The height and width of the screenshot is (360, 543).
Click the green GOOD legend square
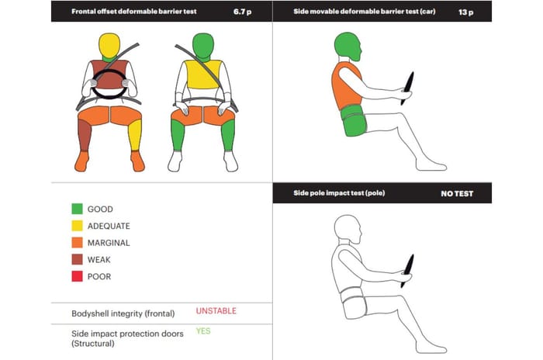pyautogui.click(x=78, y=209)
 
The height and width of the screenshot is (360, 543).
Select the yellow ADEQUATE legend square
pyautogui.click(x=78, y=226)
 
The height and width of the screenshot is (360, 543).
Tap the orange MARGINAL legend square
pyautogui.click(x=78, y=243)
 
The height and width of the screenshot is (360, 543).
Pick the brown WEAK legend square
pyautogui.click(x=78, y=259)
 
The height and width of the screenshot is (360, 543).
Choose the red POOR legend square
pyautogui.click(x=78, y=276)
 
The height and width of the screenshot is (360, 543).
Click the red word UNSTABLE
pyautogui.click(x=216, y=311)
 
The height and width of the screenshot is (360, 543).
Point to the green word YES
pyautogui.click(x=203, y=331)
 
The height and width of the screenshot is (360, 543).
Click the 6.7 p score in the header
pyautogui.click(x=242, y=12)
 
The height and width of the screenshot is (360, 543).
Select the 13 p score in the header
pyautogui.click(x=465, y=12)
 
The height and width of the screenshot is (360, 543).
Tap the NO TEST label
pyautogui.click(x=457, y=194)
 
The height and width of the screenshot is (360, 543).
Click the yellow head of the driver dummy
pyautogui.click(x=109, y=46)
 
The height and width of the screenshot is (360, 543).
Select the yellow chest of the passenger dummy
pyautogui.click(x=203, y=74)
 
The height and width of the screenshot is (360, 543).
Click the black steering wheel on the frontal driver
pyautogui.click(x=109, y=84)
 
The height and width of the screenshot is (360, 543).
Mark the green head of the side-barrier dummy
pyautogui.click(x=348, y=47)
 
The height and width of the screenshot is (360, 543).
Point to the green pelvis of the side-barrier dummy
pyautogui.click(x=353, y=120)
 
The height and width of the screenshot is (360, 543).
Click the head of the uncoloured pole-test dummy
pyautogui.click(x=348, y=230)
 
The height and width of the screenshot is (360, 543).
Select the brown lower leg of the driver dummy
pyautogui.click(x=84, y=135)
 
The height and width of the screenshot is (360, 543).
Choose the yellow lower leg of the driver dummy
pyautogui.click(x=135, y=135)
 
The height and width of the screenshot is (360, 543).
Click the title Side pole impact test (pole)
pyautogui.click(x=339, y=193)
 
